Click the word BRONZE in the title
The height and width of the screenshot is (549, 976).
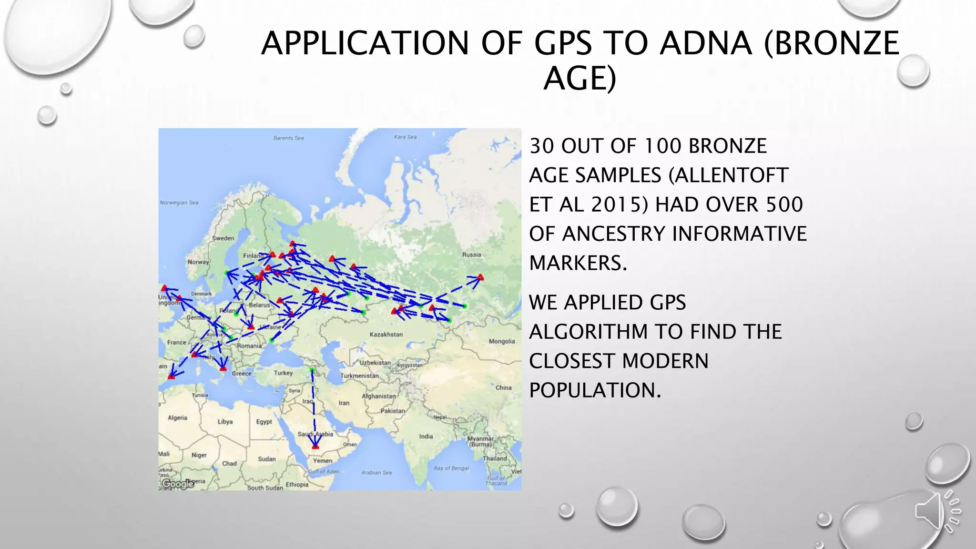(831, 43)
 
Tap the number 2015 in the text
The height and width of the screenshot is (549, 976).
(620, 204)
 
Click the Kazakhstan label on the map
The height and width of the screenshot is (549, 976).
(386, 335)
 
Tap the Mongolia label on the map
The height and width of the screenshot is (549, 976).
(502, 341)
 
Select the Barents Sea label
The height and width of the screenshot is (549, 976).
(288, 138)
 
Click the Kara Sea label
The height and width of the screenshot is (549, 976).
(405, 137)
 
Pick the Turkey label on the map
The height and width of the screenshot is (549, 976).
(283, 373)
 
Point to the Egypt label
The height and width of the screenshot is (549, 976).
(264, 422)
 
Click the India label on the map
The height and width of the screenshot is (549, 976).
(426, 437)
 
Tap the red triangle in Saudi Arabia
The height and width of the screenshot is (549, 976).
(315, 446)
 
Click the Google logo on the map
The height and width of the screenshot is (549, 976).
(177, 484)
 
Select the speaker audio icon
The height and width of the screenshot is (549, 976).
(937, 511)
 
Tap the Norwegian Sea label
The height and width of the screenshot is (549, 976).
(179, 203)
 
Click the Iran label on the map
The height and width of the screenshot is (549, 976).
(344, 403)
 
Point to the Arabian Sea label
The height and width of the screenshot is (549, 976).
(376, 473)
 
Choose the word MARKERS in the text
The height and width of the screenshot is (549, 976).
(578, 263)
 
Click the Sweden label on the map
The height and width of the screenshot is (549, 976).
(223, 238)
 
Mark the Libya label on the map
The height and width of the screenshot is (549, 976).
(225, 422)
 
